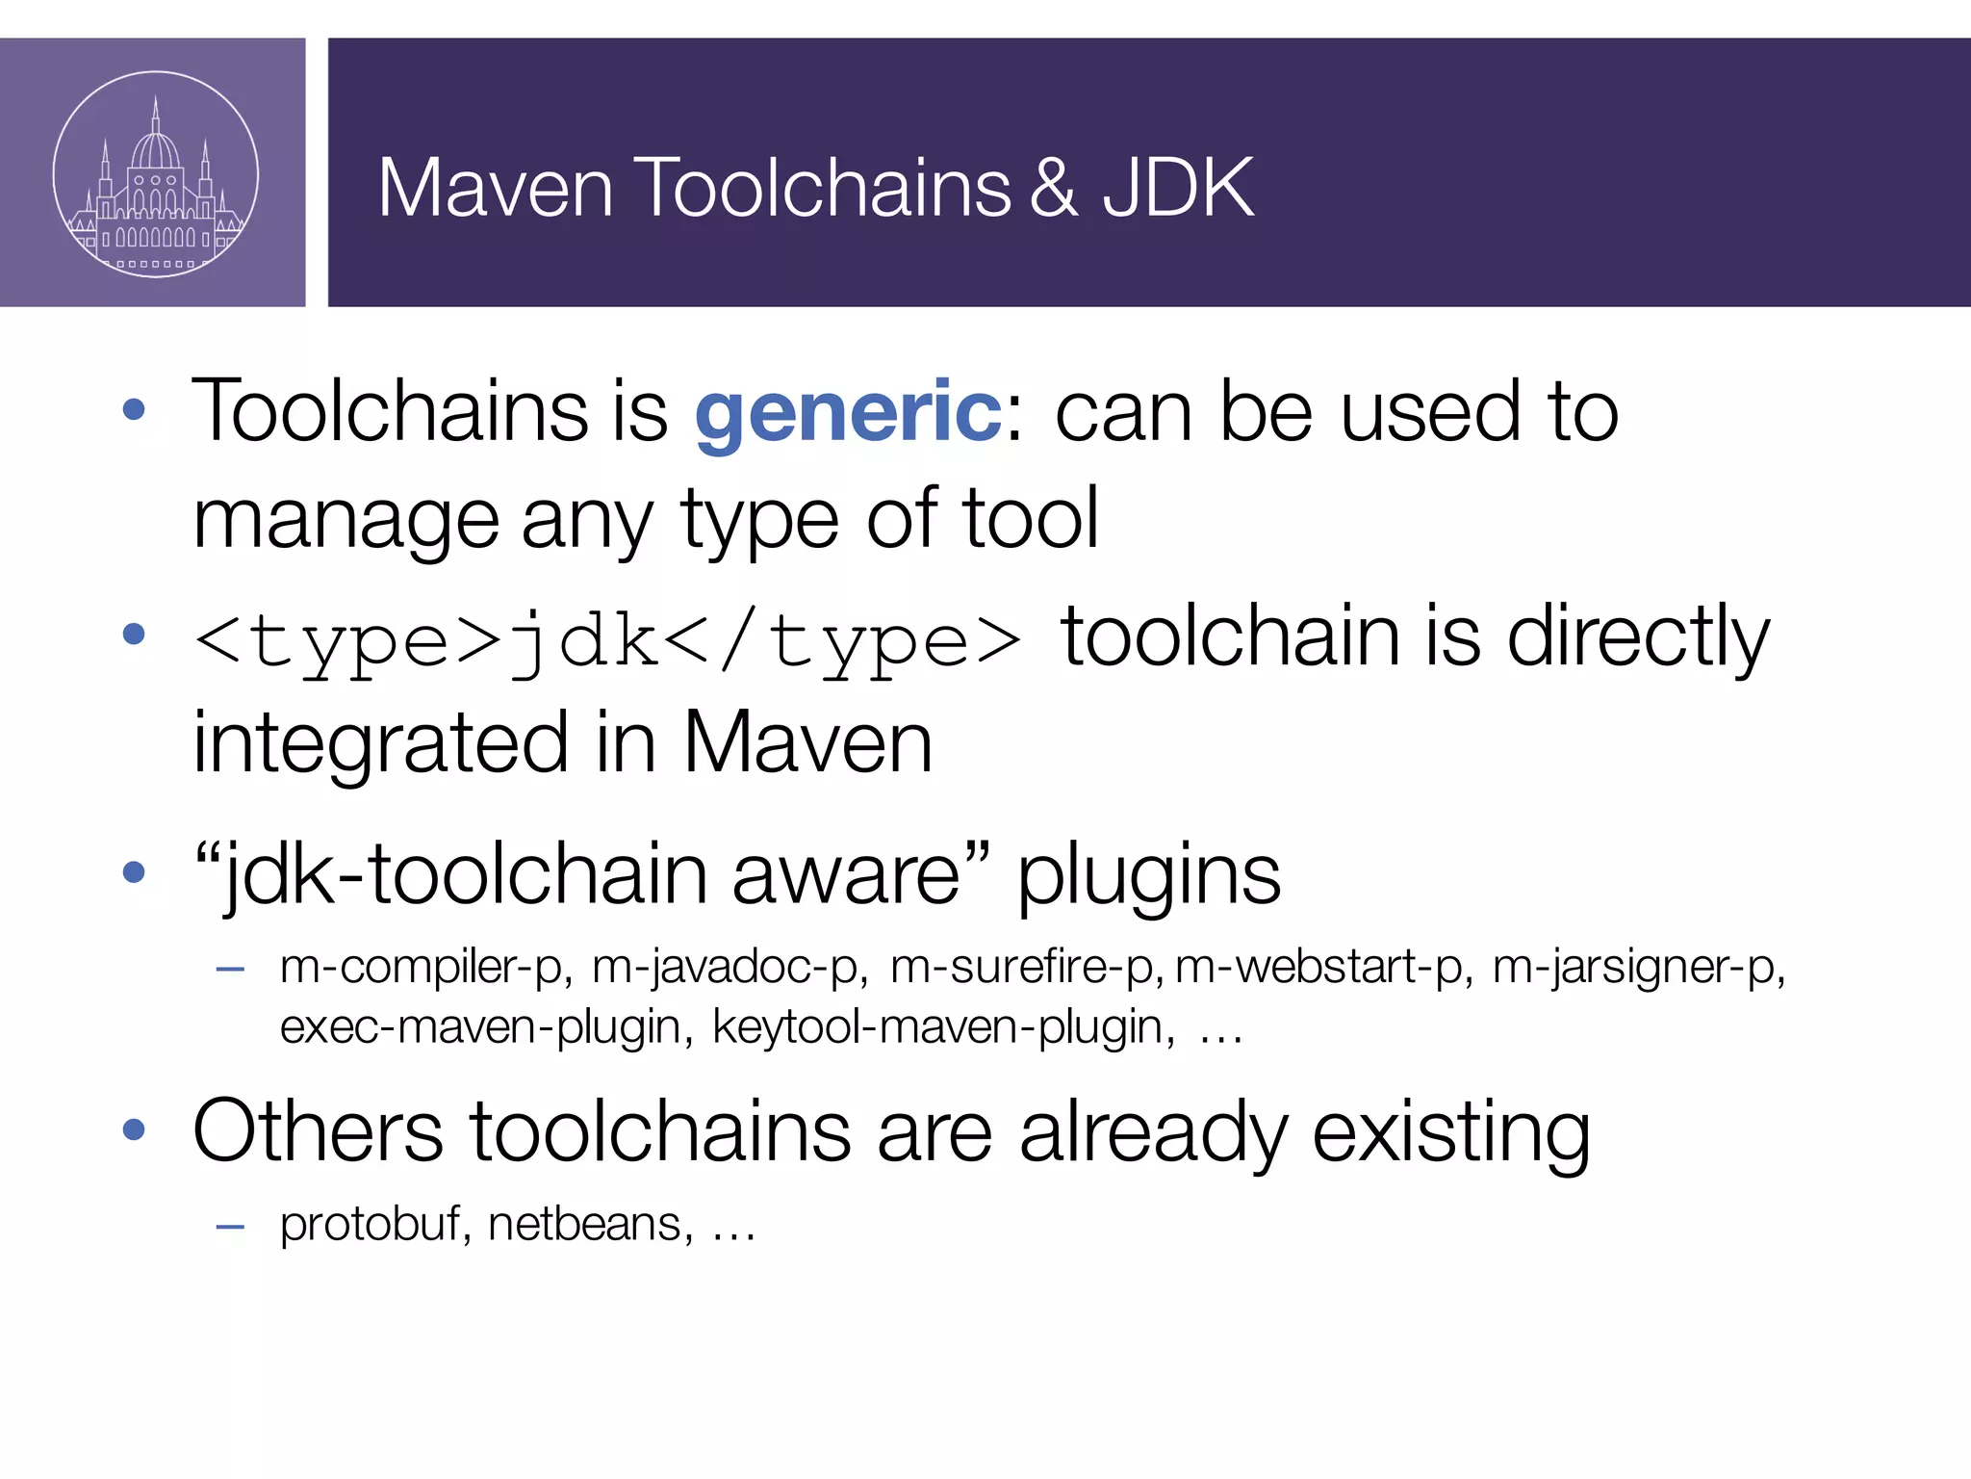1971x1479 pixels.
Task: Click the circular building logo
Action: (x=156, y=174)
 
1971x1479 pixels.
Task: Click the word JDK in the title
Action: (x=1177, y=187)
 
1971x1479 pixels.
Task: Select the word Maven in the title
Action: (x=495, y=187)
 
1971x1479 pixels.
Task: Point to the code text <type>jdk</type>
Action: (x=607, y=641)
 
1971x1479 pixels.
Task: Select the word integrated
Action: (x=380, y=743)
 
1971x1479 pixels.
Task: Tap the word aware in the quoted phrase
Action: (x=845, y=874)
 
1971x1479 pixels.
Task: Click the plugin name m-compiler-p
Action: (x=422, y=967)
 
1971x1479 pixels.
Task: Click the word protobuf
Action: (x=370, y=1225)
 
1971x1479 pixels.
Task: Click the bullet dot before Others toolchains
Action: (x=134, y=1129)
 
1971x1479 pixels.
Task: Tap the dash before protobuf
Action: (x=230, y=1227)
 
